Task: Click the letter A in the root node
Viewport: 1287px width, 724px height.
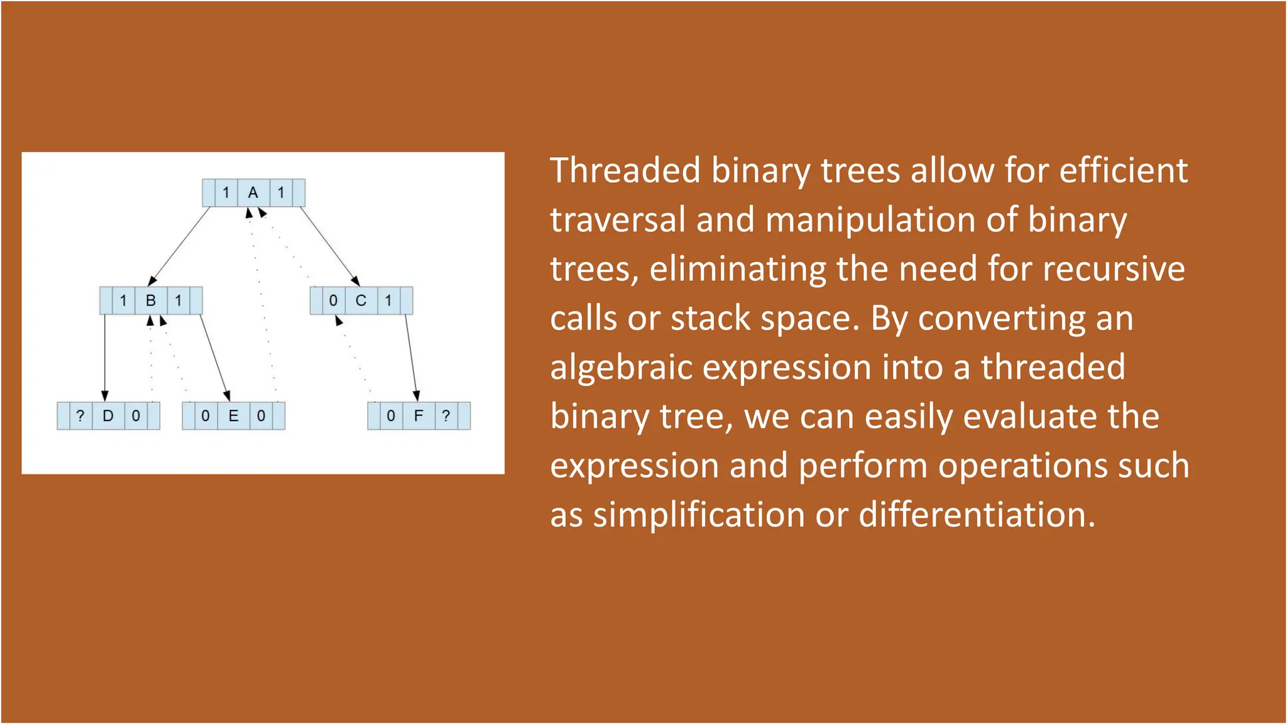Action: (253, 193)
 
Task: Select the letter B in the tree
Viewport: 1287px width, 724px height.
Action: (151, 301)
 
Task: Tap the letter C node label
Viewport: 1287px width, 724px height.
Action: (361, 301)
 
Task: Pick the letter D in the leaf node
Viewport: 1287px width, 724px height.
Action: (108, 416)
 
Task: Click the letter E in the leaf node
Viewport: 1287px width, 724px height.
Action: (233, 416)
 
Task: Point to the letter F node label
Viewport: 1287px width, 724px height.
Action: (419, 416)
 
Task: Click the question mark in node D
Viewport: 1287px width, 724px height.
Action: (80, 416)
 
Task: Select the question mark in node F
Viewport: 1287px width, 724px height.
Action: (446, 416)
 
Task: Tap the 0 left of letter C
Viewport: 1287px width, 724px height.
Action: (333, 301)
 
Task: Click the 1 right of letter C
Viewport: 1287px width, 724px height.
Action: (388, 301)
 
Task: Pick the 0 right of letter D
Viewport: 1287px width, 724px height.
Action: (136, 416)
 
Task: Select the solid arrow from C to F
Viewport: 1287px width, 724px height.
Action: (411, 357)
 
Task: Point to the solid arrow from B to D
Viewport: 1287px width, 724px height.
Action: (105, 357)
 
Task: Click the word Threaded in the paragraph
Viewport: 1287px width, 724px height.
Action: (625, 171)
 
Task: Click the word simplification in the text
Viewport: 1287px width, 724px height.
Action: (699, 515)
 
